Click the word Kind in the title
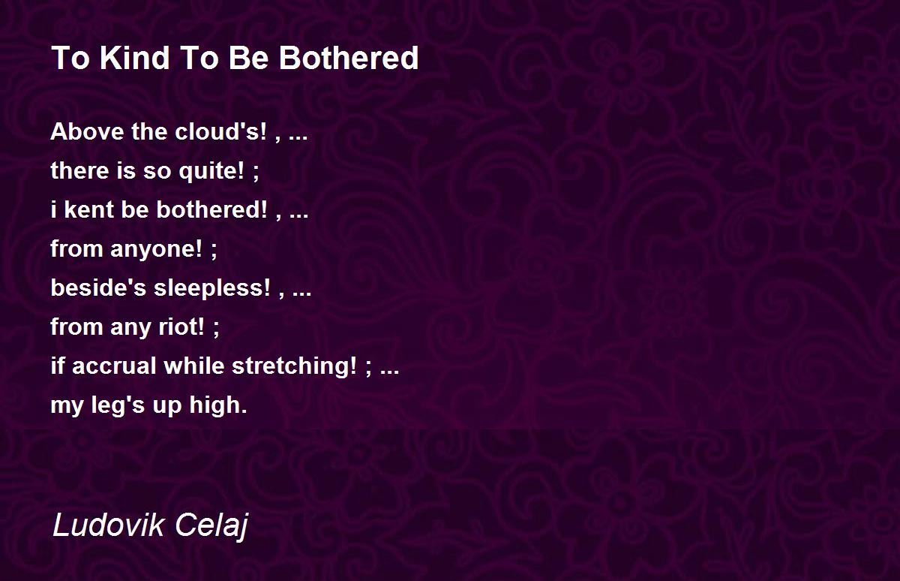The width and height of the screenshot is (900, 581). pos(134,58)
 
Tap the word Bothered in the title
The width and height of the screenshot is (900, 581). pos(349,58)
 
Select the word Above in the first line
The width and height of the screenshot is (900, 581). pos(87,131)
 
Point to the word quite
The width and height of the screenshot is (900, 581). pos(211,171)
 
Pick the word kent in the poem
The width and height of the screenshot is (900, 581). pos(89,210)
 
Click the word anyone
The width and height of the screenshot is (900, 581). pos(156,249)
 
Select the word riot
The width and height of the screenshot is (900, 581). pos(181,327)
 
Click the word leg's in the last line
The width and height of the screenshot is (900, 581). pos(118,405)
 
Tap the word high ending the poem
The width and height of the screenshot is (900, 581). pos(218,405)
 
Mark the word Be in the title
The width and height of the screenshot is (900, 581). pos(248,58)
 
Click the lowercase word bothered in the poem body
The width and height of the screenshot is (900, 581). pos(211,210)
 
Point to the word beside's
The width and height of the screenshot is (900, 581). pos(98,288)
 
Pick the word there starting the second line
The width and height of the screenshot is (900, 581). pos(80,170)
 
